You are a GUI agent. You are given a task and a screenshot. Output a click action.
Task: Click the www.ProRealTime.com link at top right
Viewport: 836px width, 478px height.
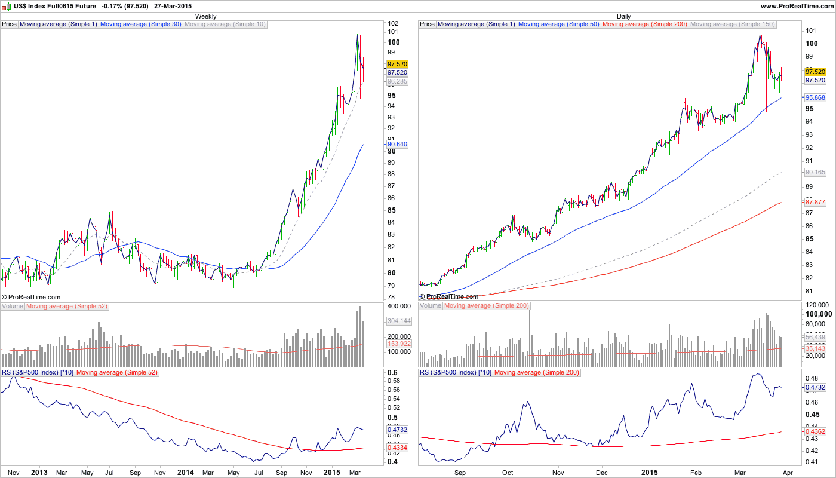(x=796, y=6)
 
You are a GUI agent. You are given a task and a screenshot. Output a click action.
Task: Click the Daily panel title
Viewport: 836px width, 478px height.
(x=624, y=16)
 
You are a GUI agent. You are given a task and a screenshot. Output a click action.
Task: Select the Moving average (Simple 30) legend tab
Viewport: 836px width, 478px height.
(x=140, y=24)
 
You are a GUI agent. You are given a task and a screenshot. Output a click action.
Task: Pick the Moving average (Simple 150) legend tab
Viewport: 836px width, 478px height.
(x=732, y=24)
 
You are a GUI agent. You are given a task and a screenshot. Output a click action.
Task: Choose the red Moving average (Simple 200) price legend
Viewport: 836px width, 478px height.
(x=645, y=24)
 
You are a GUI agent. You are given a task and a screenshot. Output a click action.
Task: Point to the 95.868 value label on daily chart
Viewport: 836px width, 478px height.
(x=815, y=97)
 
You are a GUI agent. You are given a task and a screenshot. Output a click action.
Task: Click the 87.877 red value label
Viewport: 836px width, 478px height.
(x=815, y=202)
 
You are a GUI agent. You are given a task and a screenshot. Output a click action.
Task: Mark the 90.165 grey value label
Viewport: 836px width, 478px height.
(x=815, y=172)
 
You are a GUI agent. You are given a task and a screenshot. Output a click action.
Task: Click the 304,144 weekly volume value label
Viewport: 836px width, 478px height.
(x=398, y=321)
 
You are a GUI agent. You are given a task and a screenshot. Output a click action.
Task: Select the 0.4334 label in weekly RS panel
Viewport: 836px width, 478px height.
(x=397, y=448)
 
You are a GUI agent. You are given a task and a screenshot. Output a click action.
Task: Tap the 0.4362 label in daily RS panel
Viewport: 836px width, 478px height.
(x=815, y=431)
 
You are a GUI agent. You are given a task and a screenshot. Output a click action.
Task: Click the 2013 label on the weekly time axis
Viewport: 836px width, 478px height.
(x=39, y=473)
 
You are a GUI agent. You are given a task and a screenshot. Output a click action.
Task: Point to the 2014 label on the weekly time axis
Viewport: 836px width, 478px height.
(x=186, y=473)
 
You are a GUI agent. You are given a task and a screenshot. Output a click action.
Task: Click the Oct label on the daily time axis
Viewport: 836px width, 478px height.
(x=508, y=473)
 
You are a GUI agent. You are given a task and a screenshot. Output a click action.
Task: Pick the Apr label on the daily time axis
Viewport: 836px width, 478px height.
(x=787, y=473)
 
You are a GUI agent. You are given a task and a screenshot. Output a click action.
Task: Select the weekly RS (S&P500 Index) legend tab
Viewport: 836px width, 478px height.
(x=37, y=373)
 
